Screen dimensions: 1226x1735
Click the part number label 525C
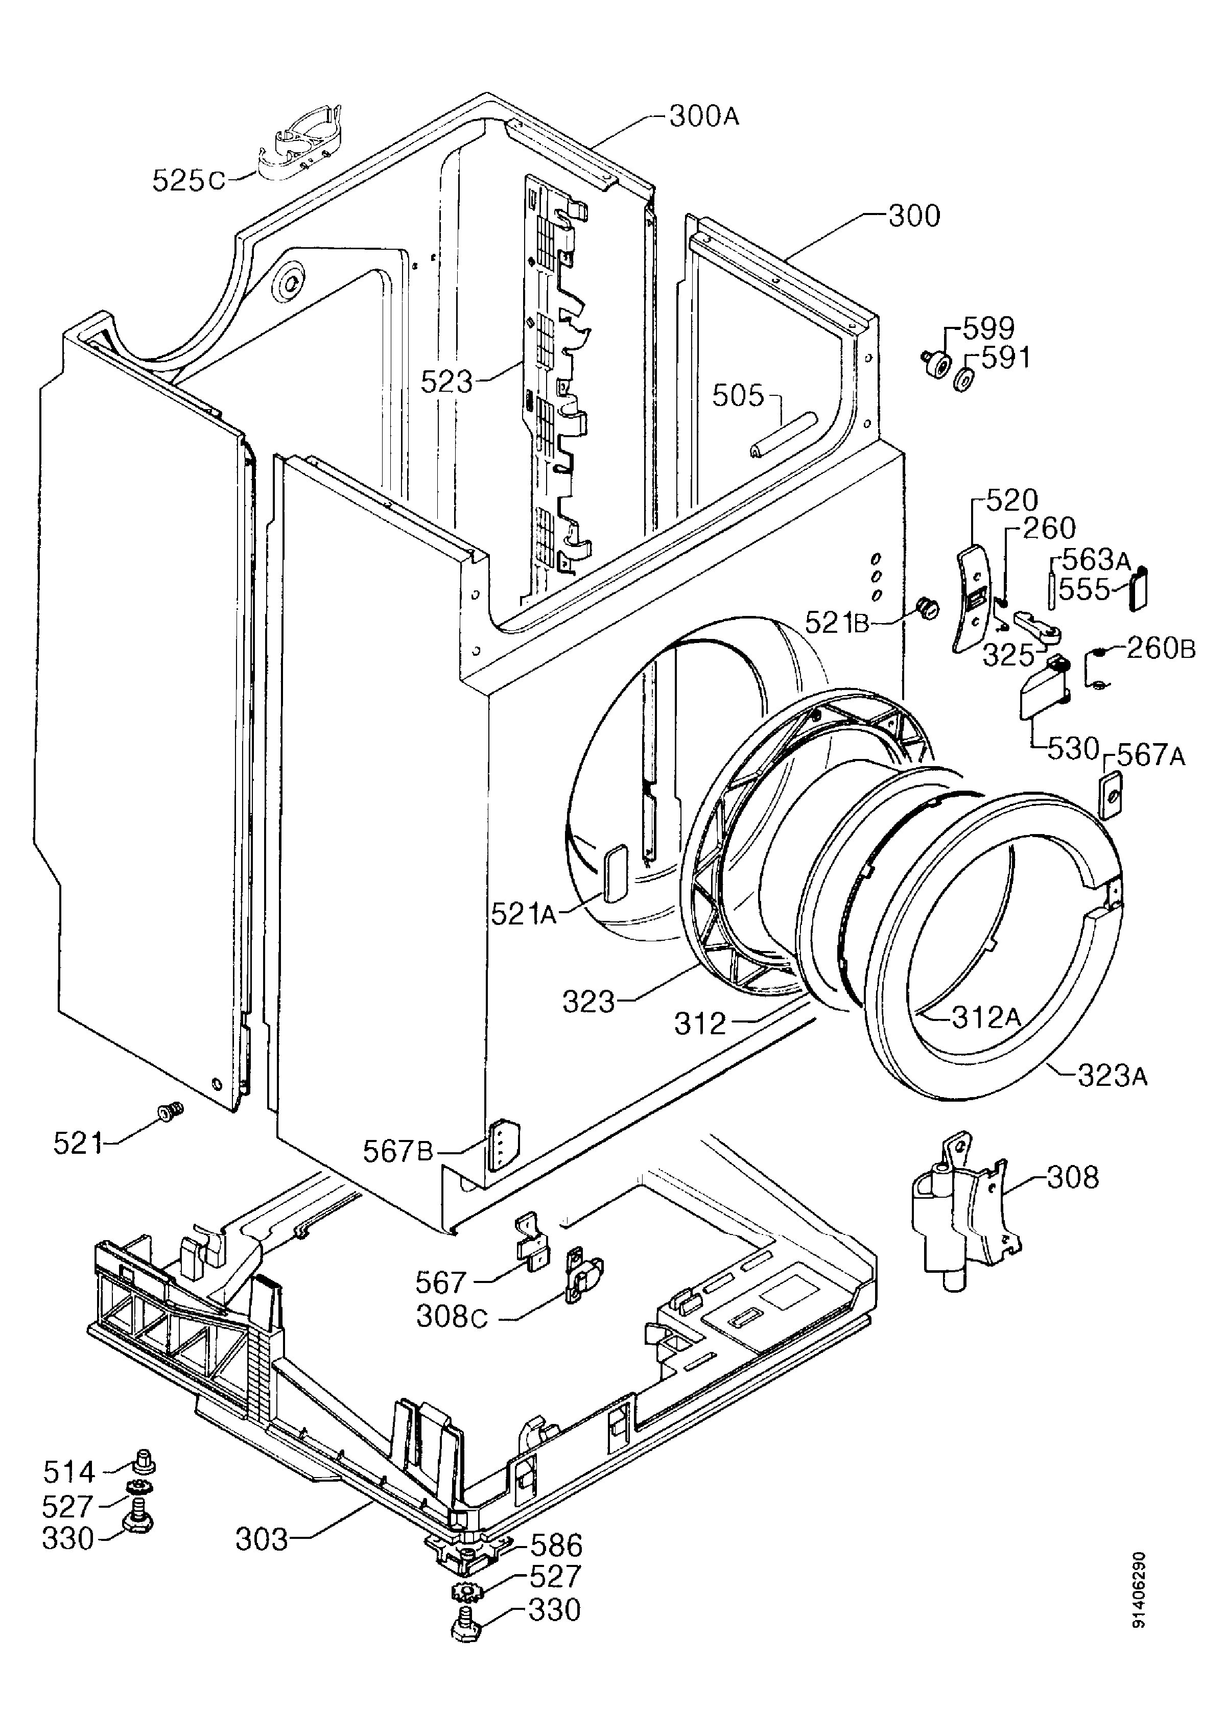(x=188, y=180)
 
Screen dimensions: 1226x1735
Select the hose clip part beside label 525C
(x=299, y=145)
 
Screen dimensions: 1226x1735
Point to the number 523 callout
(x=446, y=382)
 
